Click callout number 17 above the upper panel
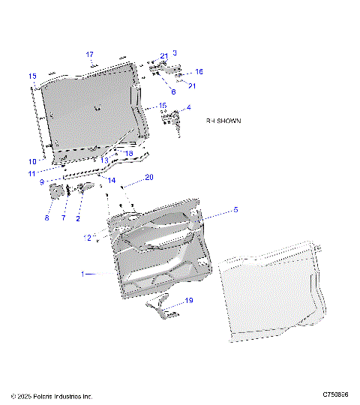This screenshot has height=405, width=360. [89, 55]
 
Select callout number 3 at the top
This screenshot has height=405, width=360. [175, 52]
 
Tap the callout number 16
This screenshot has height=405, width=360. [199, 72]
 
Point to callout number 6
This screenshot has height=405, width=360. [172, 91]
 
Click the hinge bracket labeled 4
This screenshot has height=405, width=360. [177, 120]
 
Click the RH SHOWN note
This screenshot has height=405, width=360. [223, 120]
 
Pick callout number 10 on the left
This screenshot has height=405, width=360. [32, 161]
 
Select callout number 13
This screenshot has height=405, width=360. [104, 160]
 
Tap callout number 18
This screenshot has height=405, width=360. [129, 153]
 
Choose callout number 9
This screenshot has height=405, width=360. [43, 181]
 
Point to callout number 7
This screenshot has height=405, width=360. [64, 218]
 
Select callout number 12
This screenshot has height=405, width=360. [88, 238]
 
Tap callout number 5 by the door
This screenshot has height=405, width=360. [235, 211]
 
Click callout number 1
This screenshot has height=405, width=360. [84, 274]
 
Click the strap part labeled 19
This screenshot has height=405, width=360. [165, 307]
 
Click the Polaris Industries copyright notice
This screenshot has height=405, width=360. [52, 395]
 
